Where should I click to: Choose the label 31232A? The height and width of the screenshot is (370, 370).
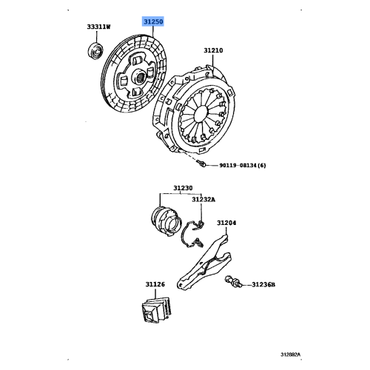204,199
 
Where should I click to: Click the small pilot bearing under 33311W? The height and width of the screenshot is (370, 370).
95,51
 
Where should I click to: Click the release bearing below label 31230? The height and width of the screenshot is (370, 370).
164,218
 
